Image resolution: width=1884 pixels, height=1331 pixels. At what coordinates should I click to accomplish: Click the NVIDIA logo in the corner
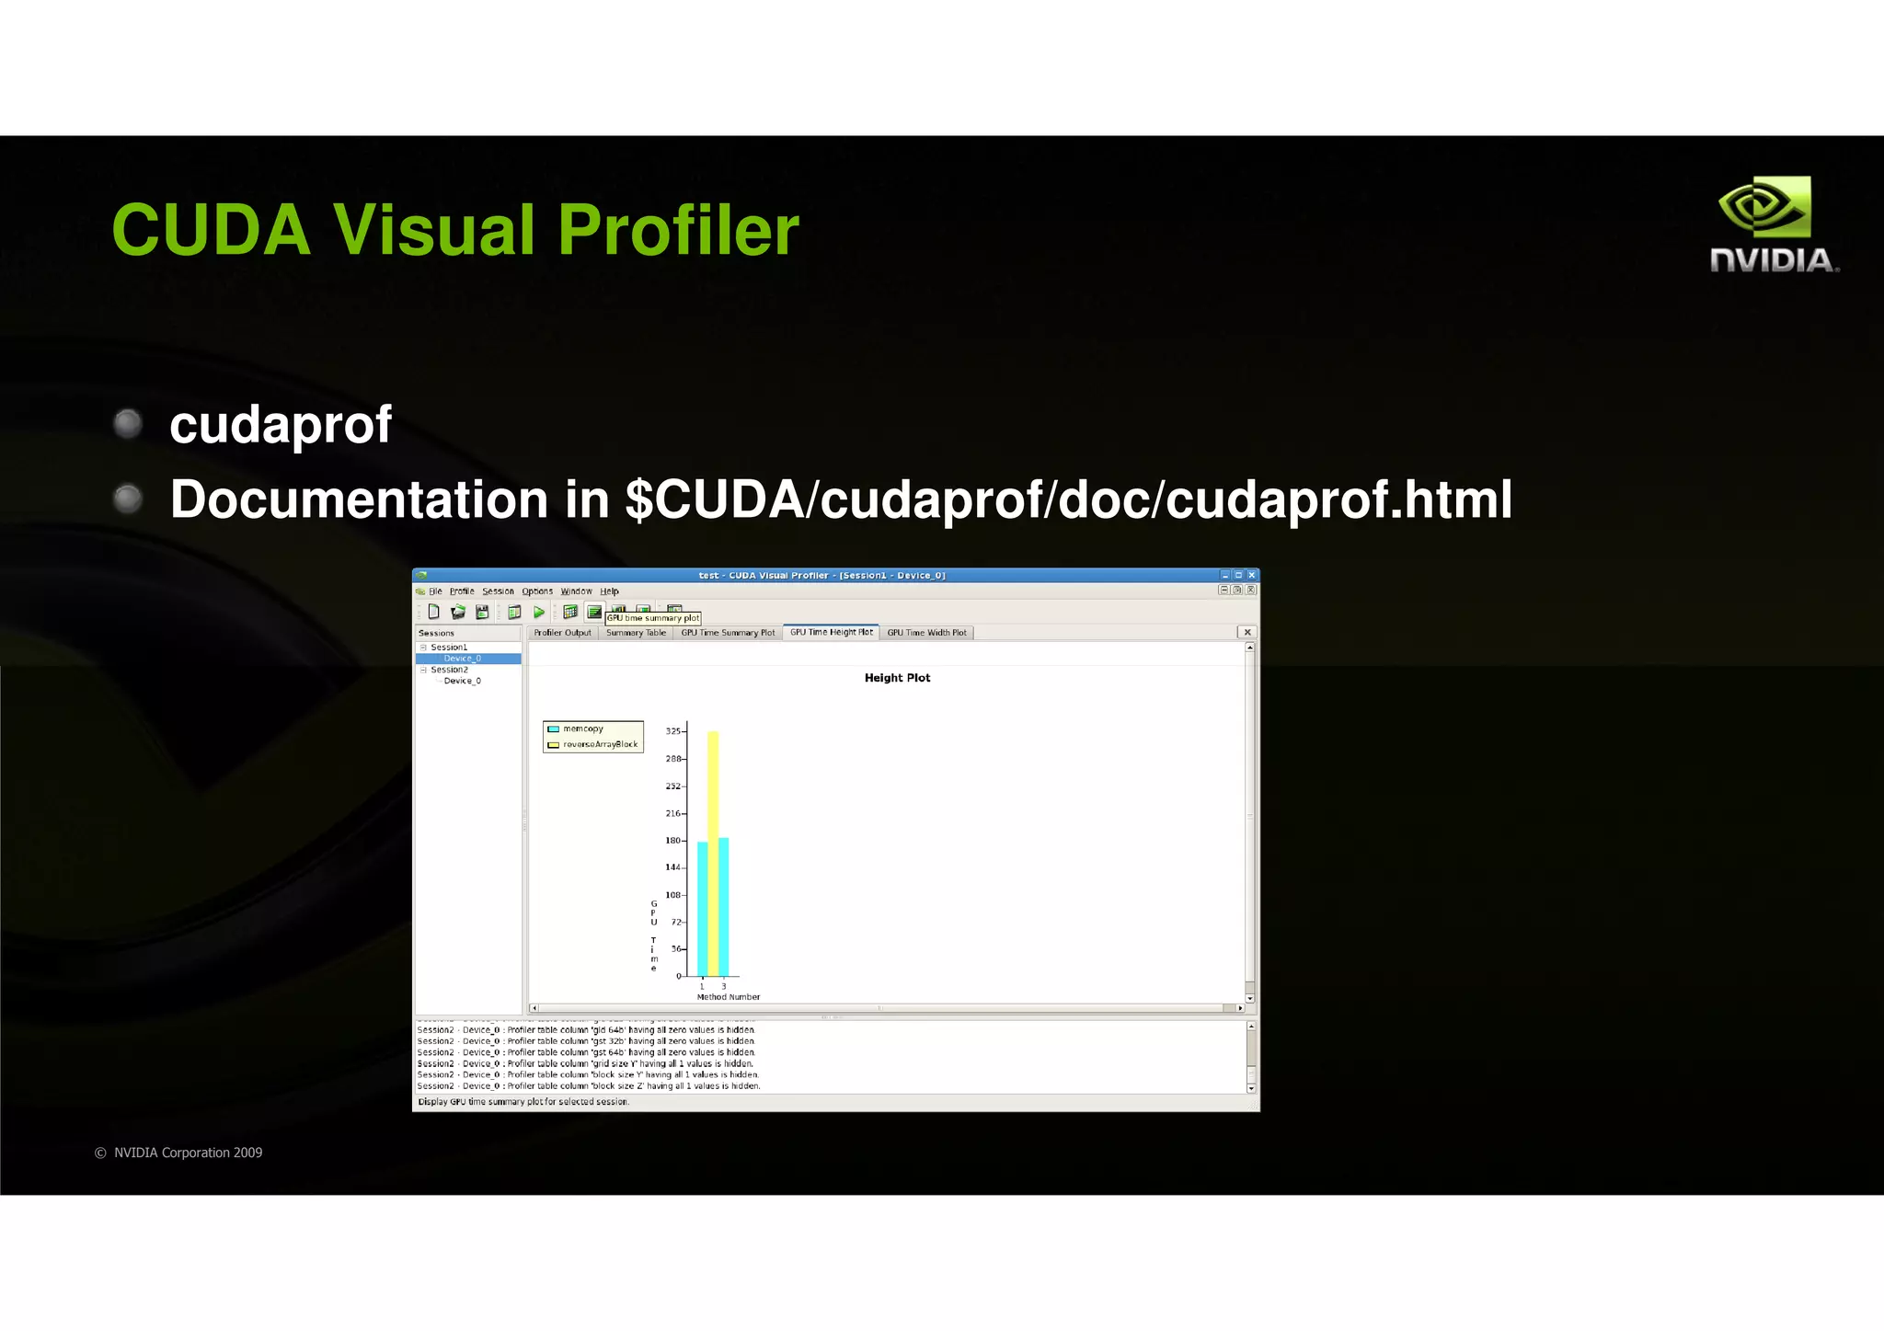coord(1774,224)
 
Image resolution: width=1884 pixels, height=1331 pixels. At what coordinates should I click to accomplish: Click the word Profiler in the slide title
coord(678,230)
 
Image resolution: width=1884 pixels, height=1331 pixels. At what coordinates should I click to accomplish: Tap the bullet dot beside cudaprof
coord(128,423)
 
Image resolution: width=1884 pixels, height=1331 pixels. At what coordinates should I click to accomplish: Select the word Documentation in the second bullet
coord(359,499)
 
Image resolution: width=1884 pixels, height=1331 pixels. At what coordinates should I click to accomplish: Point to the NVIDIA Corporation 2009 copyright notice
coord(179,1153)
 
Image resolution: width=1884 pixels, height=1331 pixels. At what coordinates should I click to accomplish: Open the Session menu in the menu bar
coord(498,591)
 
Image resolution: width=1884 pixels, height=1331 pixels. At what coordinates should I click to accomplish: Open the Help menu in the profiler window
coord(609,591)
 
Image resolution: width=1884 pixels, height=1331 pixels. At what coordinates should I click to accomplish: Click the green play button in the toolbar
coord(539,612)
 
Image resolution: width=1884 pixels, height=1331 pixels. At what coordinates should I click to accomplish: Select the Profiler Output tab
coord(562,633)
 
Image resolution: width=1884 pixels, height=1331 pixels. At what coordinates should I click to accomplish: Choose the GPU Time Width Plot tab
coord(926,633)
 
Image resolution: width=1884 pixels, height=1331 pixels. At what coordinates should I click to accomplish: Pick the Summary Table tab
coord(636,633)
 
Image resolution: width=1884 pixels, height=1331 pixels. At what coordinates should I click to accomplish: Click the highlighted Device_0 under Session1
coord(462,659)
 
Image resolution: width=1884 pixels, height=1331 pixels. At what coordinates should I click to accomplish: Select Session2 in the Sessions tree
coord(449,670)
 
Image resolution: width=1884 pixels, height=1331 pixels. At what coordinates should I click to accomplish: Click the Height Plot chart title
coord(897,678)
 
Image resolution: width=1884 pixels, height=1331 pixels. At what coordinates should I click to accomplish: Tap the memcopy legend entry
coord(582,729)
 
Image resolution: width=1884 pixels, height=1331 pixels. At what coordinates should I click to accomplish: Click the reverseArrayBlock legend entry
coord(600,744)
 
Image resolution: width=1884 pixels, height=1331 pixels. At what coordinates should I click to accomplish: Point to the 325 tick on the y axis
coord(673,731)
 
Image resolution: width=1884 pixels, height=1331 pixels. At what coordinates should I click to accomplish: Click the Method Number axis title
coord(729,997)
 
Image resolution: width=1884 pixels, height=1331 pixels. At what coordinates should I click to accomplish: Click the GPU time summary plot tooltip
coord(653,618)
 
